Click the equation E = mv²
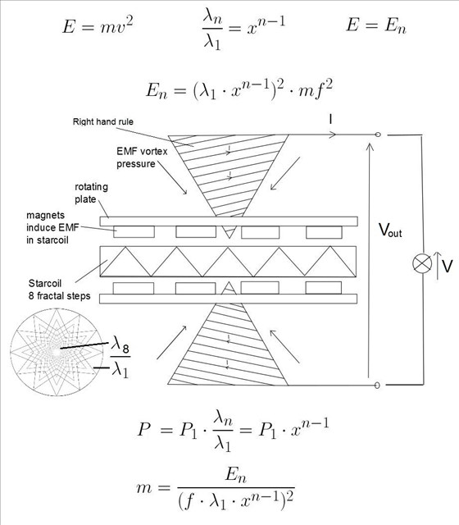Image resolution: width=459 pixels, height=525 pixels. (98, 25)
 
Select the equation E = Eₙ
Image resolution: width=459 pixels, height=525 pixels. (376, 25)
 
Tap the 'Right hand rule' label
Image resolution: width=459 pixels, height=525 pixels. (103, 121)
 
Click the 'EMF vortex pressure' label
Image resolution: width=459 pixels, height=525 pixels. (142, 157)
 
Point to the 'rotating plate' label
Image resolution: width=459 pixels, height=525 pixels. (91, 193)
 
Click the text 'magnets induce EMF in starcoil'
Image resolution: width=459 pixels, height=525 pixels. (52, 228)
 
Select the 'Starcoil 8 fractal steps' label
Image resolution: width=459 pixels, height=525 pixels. (59, 290)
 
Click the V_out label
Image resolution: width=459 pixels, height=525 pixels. (390, 230)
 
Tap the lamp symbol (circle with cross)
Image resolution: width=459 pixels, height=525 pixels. (422, 263)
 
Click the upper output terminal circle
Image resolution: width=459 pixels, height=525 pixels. (378, 135)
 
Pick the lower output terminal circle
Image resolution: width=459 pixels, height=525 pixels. (377, 385)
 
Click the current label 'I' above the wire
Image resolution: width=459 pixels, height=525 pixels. (330, 119)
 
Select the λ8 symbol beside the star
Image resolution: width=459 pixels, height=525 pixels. (120, 345)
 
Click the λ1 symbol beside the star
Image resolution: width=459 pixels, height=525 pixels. (120, 369)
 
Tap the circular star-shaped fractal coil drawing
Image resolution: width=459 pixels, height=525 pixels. (57, 352)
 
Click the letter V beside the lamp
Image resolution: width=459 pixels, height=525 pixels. (447, 266)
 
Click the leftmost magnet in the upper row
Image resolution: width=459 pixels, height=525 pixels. (134, 231)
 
